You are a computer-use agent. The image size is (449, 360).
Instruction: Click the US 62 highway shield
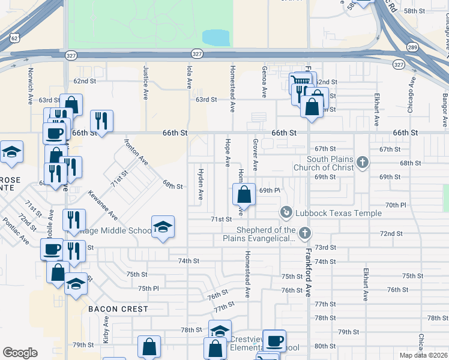coord(13,37)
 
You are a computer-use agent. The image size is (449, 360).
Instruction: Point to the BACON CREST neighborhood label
coord(118,309)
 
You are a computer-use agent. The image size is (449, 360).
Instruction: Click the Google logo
coord(20,353)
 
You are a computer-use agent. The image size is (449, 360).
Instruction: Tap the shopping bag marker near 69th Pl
coord(244,194)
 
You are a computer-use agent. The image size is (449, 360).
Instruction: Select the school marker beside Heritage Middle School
coord(163,227)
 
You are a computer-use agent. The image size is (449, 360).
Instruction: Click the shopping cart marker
coord(301,80)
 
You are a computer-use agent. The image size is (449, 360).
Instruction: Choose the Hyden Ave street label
coord(200,184)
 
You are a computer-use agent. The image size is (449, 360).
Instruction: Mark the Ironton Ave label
coord(136,152)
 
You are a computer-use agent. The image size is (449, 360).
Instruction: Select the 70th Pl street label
coord(396,205)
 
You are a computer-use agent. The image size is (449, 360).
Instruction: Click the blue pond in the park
coord(216,38)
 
